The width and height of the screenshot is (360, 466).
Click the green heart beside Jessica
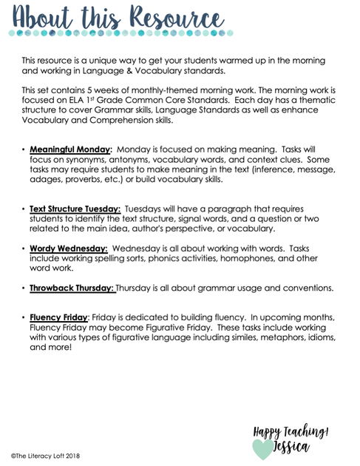(262, 447)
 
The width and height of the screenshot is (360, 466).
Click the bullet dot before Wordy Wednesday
(23, 249)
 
